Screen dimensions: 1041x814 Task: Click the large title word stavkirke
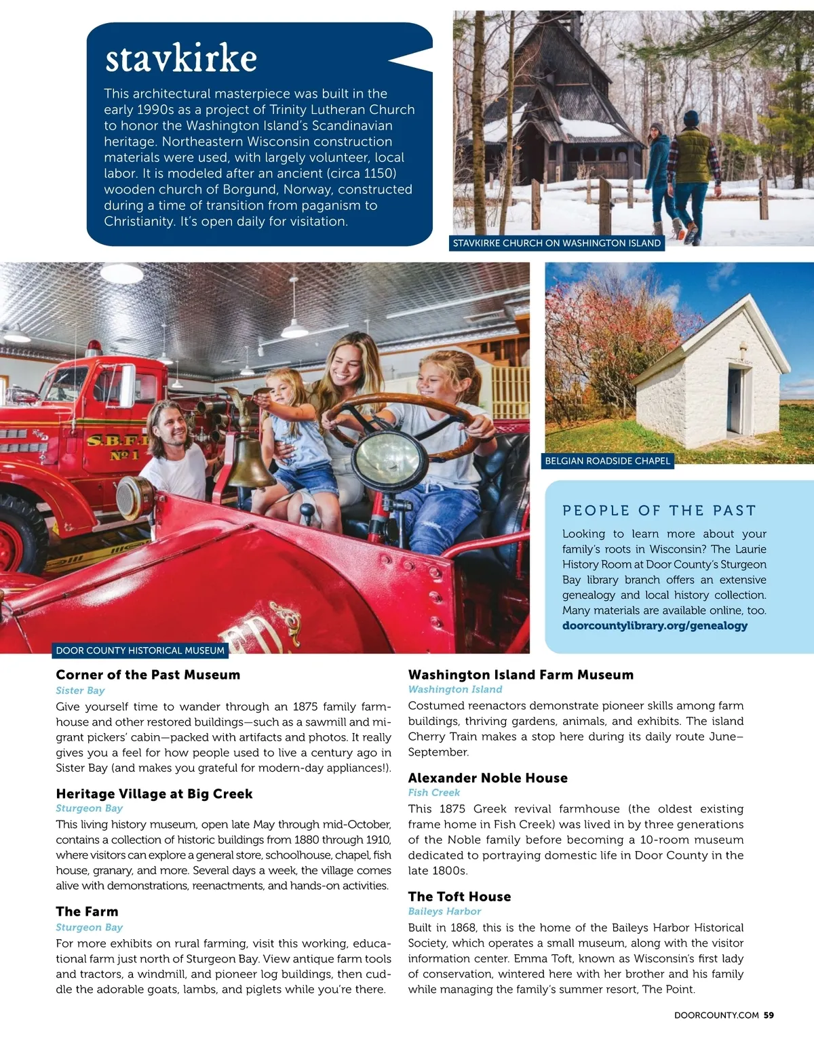pyautogui.click(x=181, y=58)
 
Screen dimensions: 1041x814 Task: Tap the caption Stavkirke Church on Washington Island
pyautogui.click(x=556, y=243)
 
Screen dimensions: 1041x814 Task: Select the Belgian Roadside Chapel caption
pyautogui.click(x=608, y=461)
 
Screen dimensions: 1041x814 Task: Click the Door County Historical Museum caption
pyautogui.click(x=140, y=650)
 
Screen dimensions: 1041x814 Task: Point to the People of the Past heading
pyautogui.click(x=659, y=510)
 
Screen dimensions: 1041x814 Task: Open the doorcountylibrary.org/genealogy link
pyautogui.click(x=655, y=625)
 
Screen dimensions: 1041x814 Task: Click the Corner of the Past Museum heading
pyautogui.click(x=148, y=675)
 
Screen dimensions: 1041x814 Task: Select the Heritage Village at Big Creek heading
pyautogui.click(x=154, y=793)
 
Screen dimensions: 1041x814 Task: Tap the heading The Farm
pyautogui.click(x=87, y=911)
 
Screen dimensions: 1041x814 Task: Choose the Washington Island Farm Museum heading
pyautogui.click(x=520, y=675)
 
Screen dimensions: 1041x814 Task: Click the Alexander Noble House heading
pyautogui.click(x=488, y=778)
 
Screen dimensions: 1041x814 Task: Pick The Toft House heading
pyautogui.click(x=459, y=897)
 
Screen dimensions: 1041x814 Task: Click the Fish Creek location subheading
pyautogui.click(x=433, y=793)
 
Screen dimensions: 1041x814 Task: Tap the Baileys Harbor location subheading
pyautogui.click(x=444, y=911)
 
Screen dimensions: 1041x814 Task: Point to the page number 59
pyautogui.click(x=769, y=1015)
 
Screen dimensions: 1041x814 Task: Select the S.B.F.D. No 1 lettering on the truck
pyautogui.click(x=117, y=447)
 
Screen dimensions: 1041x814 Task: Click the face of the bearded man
pyautogui.click(x=170, y=431)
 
